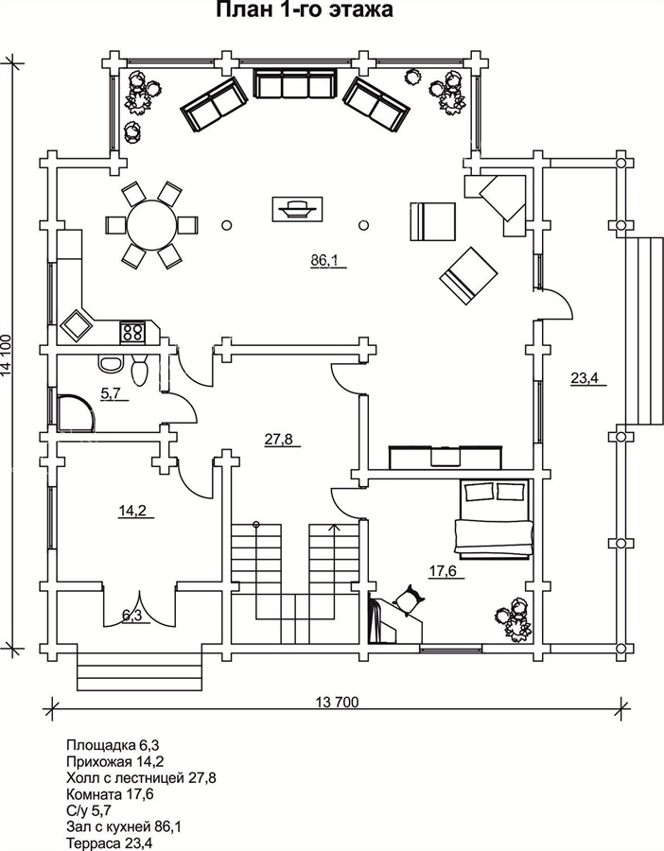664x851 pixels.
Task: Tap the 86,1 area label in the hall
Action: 324,261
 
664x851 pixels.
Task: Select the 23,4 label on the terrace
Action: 584,379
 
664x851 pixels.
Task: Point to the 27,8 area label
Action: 277,440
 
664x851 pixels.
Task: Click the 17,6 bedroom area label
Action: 444,571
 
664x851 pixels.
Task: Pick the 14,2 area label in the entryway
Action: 132,512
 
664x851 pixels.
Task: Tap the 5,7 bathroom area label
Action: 111,394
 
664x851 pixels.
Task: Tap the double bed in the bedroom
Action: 494,518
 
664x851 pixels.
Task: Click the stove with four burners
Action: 132,332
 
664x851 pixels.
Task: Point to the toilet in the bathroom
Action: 140,370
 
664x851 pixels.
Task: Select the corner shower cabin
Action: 74,412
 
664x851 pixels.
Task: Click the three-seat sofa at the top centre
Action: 295,85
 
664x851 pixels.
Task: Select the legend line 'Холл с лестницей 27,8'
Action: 141,777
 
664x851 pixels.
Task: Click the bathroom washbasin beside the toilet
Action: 110,363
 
